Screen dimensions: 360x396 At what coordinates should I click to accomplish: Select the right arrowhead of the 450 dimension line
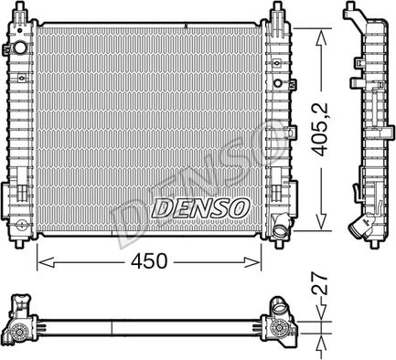click(x=257, y=262)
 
